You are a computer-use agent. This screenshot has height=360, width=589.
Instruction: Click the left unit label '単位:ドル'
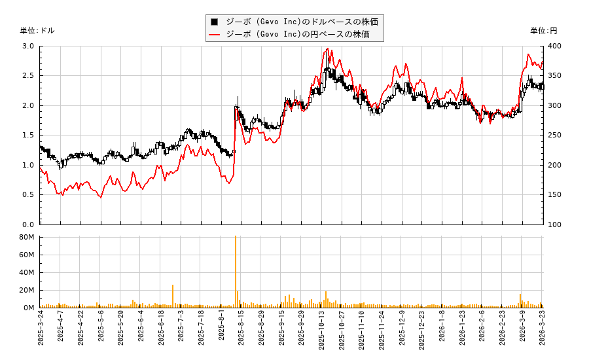[37, 31]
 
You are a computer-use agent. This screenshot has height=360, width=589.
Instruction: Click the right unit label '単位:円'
[544, 31]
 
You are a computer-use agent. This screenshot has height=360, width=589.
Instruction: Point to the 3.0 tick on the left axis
[28, 46]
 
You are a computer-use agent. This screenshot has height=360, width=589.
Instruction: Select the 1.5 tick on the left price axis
[28, 135]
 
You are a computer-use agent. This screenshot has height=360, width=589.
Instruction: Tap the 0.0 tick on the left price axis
[28, 225]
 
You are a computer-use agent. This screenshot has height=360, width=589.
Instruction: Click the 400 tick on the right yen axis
[555, 46]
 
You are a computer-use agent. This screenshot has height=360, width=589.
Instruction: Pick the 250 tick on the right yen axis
[555, 135]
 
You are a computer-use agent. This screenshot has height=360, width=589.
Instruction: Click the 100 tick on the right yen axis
[555, 225]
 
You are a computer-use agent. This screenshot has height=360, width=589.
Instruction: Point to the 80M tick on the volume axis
[27, 237]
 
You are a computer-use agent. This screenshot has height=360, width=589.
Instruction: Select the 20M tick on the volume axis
[27, 290]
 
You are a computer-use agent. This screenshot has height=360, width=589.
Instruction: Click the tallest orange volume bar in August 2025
[236, 272]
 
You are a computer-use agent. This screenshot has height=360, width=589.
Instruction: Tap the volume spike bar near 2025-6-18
[173, 296]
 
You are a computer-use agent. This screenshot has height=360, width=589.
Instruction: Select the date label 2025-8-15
[241, 331]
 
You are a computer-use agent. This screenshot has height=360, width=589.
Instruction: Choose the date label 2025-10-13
[321, 331]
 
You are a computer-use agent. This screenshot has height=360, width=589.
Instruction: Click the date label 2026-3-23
[543, 331]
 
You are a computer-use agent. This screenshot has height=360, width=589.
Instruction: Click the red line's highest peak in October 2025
[327, 49]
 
